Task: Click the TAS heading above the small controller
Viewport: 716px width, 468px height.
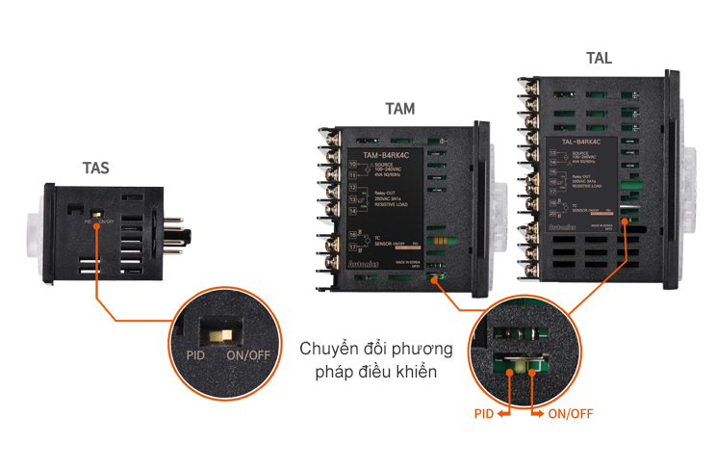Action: point(95,168)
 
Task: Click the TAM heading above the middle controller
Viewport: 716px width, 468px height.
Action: point(399,109)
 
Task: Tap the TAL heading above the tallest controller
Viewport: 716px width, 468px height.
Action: point(598,58)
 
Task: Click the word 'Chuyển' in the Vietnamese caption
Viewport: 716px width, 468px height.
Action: point(325,348)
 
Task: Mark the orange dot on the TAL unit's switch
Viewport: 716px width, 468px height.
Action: point(626,221)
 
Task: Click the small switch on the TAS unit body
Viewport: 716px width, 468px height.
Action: point(96,213)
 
